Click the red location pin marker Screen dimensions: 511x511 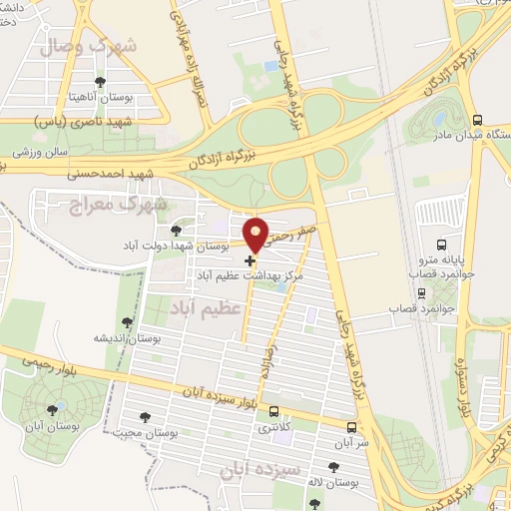[256, 233]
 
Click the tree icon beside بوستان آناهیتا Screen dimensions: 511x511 [98, 82]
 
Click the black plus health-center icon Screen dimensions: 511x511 [250, 260]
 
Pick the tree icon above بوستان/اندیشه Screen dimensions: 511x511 [126, 321]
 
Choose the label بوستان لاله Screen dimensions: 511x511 [333, 483]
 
